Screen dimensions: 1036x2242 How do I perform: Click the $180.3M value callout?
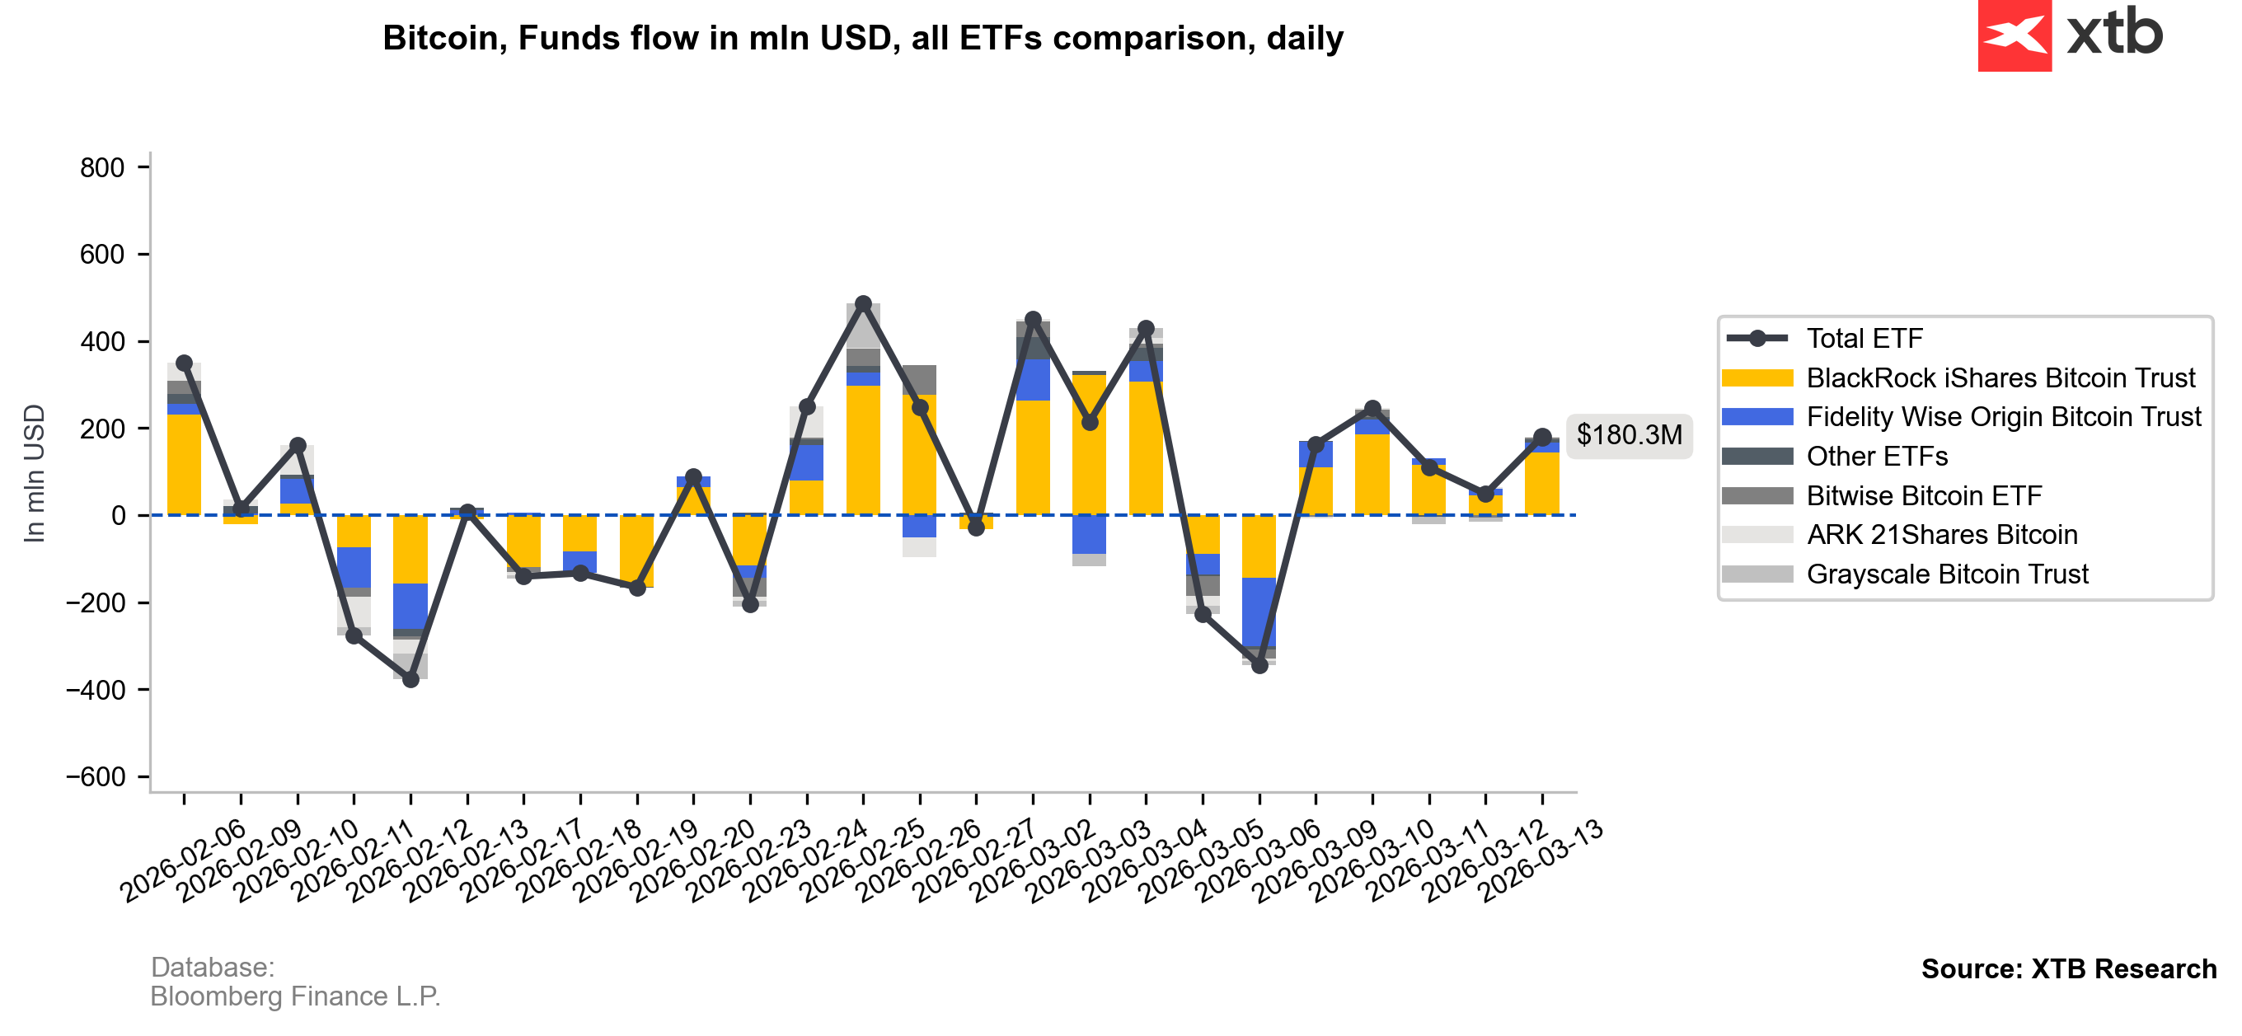1629,434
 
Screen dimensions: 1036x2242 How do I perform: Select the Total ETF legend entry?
1864,338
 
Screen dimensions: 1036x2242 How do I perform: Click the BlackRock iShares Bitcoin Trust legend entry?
2000,377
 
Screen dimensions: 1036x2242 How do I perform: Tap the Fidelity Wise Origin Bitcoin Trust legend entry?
2003,417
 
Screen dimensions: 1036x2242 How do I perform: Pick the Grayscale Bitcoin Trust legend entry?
1947,574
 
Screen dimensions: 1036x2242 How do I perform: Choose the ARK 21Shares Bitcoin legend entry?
1942,535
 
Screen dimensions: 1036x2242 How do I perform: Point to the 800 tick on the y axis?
103,167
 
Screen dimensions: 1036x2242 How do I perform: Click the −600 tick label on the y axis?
96,776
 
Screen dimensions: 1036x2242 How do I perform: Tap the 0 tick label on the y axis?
119,515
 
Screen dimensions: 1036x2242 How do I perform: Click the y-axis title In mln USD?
34,474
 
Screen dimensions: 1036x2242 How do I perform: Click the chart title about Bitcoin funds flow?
862,38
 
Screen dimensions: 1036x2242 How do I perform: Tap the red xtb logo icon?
2014,35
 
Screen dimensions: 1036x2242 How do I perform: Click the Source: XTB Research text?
2068,969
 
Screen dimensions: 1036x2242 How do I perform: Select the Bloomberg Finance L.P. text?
295,996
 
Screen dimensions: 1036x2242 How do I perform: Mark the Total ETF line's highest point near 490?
863,304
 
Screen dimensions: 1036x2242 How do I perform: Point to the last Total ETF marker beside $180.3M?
1542,437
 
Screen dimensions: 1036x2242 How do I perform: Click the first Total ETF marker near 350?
184,363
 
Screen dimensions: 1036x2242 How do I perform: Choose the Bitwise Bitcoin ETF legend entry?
1924,495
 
